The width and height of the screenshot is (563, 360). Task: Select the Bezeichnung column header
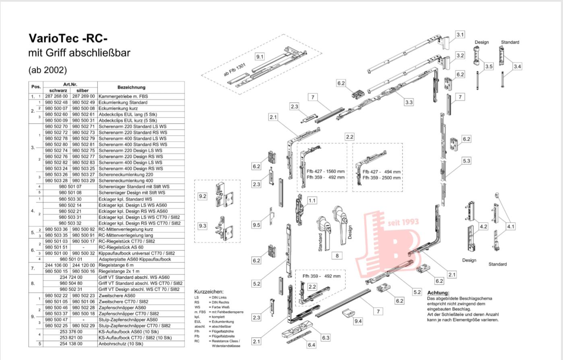point(132,87)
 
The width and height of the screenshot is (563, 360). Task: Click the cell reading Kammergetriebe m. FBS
point(123,96)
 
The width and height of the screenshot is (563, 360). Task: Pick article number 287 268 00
point(56,96)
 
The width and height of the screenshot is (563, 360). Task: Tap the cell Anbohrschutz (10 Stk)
point(121,343)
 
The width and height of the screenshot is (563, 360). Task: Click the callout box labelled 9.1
point(260,57)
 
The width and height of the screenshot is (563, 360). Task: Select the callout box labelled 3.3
point(409,102)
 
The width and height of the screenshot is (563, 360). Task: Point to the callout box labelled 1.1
point(312,201)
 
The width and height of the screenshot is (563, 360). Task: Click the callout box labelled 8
point(337,256)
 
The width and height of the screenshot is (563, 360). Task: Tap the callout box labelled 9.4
point(358,321)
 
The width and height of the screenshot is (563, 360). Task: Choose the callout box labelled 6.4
point(311,345)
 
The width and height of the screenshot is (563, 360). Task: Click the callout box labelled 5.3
point(466,161)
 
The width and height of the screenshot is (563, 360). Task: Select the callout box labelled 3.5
point(489,66)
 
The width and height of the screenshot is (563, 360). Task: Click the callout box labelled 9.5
point(256,225)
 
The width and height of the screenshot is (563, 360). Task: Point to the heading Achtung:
point(438,293)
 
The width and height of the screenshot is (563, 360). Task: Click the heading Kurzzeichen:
point(209,292)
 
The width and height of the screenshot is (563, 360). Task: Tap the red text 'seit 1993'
point(403,222)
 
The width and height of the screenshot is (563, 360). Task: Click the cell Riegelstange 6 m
point(116,265)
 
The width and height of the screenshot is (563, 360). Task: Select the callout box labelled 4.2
point(484,226)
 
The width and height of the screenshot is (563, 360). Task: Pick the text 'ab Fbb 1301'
point(235,70)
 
